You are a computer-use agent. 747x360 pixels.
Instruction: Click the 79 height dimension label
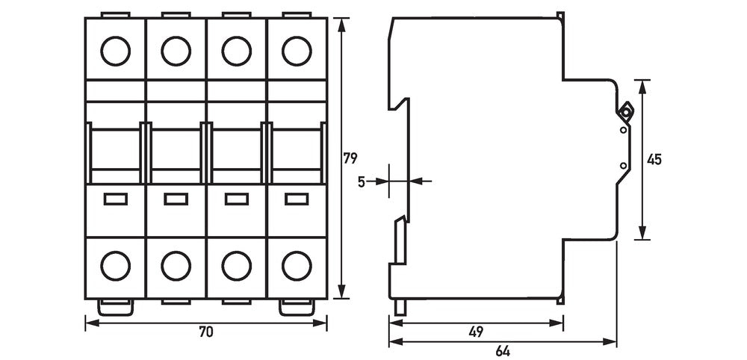(x=350, y=158)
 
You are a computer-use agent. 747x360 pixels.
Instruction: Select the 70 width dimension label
(x=206, y=332)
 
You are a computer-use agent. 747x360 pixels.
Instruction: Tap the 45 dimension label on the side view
(x=654, y=160)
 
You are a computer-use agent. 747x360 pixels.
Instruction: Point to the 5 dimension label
(x=362, y=181)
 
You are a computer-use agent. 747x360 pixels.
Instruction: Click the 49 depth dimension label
(x=476, y=332)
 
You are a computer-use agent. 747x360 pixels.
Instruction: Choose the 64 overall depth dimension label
(x=503, y=352)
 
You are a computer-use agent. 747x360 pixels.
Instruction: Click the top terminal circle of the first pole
(x=115, y=51)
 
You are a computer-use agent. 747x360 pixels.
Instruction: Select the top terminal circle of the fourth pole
(x=297, y=51)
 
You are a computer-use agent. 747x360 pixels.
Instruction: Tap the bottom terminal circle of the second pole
(x=176, y=266)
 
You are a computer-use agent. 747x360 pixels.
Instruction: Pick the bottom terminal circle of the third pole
(x=236, y=266)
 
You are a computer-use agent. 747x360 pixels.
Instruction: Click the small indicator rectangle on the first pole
(x=115, y=199)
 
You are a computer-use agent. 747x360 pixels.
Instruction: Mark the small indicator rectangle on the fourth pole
(x=297, y=199)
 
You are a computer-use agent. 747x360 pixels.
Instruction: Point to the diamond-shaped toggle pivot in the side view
(x=625, y=112)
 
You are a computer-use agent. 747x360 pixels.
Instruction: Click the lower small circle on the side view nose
(x=623, y=165)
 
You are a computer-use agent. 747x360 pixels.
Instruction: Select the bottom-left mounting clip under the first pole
(x=115, y=307)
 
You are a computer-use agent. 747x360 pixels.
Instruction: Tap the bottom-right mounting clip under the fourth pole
(x=297, y=307)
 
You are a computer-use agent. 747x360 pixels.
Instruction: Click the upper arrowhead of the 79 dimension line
(x=341, y=25)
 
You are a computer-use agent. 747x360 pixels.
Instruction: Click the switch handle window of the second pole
(x=176, y=149)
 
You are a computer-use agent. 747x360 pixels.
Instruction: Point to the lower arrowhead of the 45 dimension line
(x=642, y=233)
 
